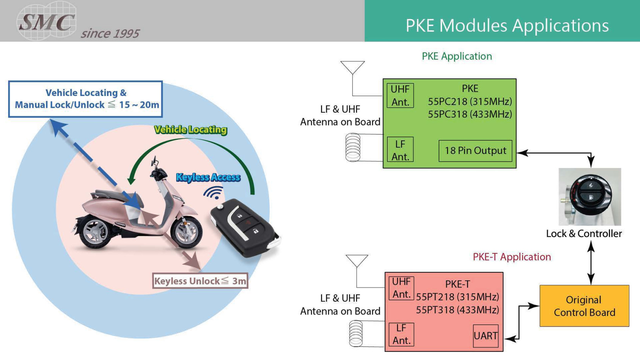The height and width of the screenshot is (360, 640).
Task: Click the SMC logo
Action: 46,21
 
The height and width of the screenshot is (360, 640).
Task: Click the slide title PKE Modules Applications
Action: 507,26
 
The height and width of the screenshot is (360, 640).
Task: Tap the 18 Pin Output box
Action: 475,151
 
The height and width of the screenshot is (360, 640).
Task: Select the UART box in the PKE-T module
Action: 486,336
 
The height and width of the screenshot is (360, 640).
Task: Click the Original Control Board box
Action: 584,306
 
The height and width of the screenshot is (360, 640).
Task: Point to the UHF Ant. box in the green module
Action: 400,96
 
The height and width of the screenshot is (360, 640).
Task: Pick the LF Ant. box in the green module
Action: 400,150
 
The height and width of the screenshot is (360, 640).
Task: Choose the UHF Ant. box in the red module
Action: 401,288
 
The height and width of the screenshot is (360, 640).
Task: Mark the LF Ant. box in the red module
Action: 401,334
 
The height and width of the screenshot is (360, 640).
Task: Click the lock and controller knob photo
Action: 590,197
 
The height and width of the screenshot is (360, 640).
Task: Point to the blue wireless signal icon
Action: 214,193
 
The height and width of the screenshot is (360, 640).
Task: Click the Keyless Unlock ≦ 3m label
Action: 200,281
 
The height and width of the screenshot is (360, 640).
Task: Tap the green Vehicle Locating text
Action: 190,130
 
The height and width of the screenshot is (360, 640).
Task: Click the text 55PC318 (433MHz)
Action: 470,114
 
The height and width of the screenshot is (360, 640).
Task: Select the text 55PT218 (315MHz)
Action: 457,297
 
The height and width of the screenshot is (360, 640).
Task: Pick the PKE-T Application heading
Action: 511,257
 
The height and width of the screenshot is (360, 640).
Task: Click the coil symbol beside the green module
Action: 353,147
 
